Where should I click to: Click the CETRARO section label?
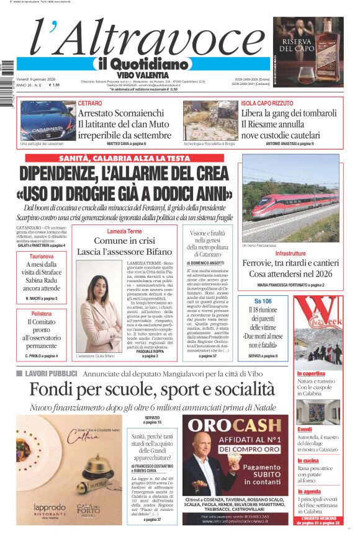[91, 103]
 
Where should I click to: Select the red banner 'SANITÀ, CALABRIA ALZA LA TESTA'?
[124, 159]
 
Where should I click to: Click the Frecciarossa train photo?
[290, 198]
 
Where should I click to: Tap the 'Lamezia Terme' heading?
[124, 231]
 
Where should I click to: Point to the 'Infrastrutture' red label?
[290, 254]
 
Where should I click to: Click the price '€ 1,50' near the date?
[55, 85]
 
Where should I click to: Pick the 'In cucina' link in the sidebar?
[308, 461]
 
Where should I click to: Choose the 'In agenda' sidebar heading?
[309, 491]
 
